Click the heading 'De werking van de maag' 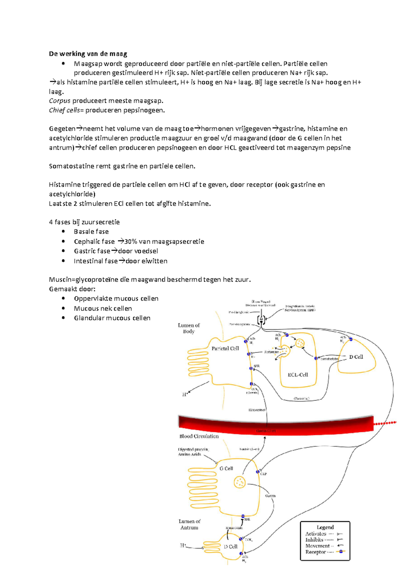click(88, 54)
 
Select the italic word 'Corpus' click(60, 101)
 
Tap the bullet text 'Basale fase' click(91, 231)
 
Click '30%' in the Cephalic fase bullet click(131, 241)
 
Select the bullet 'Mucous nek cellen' click(103, 309)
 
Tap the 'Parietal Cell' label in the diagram click(225, 348)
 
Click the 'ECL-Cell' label click(298, 375)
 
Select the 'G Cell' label click(226, 468)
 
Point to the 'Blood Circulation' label click(199, 436)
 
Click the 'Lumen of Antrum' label click(189, 524)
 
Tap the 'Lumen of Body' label click(189, 328)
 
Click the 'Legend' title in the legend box click(325, 527)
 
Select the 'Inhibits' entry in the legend click(314, 540)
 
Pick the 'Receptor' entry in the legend click(316, 552)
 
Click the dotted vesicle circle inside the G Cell click(239, 482)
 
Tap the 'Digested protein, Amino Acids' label click(193, 452)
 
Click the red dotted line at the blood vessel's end click(385, 423)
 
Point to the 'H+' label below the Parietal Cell click(185, 394)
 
